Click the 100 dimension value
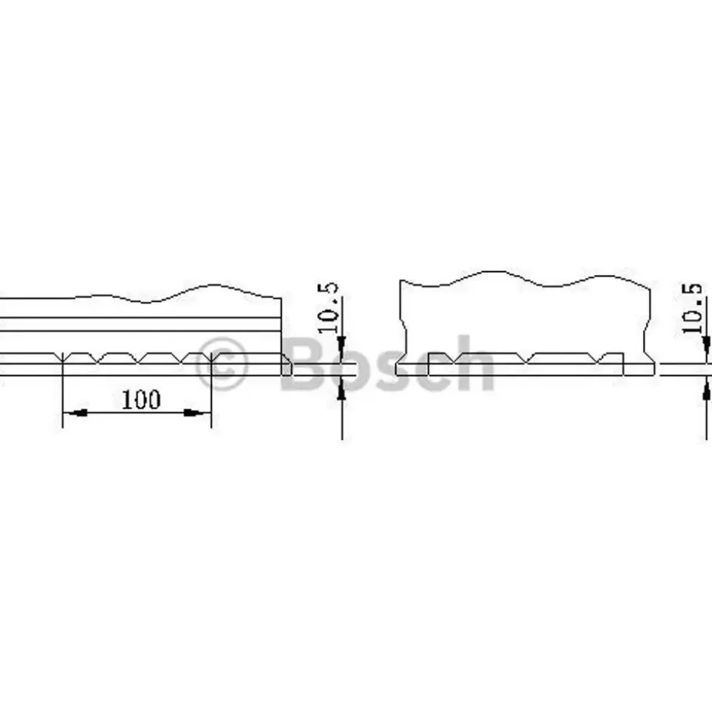coord(141,400)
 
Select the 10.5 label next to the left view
coord(328,307)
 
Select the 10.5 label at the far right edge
coord(692,308)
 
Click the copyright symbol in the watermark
coord(222,364)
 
